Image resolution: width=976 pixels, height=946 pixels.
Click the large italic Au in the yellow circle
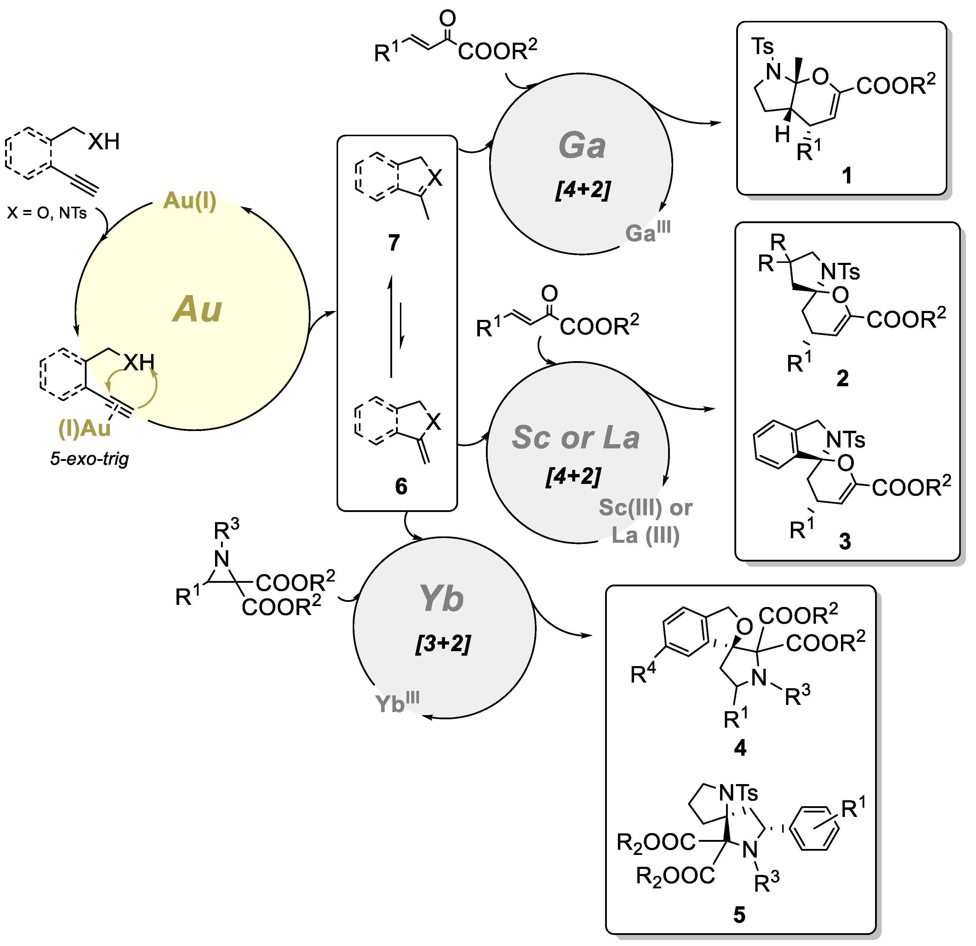(x=197, y=309)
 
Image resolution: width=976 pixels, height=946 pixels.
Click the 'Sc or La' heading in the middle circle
(x=576, y=437)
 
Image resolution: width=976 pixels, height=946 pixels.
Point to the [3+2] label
(x=443, y=644)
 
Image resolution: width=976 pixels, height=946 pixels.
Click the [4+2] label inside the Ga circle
(x=583, y=190)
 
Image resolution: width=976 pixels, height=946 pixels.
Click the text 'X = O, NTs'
(x=47, y=213)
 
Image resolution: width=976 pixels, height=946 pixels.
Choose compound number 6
(x=401, y=486)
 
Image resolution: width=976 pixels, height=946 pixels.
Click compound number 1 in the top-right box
(x=846, y=175)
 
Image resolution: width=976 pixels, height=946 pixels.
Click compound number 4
(x=740, y=748)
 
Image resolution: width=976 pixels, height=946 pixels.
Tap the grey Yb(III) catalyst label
(x=397, y=702)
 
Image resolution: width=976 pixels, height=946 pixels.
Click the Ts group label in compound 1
(x=762, y=47)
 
